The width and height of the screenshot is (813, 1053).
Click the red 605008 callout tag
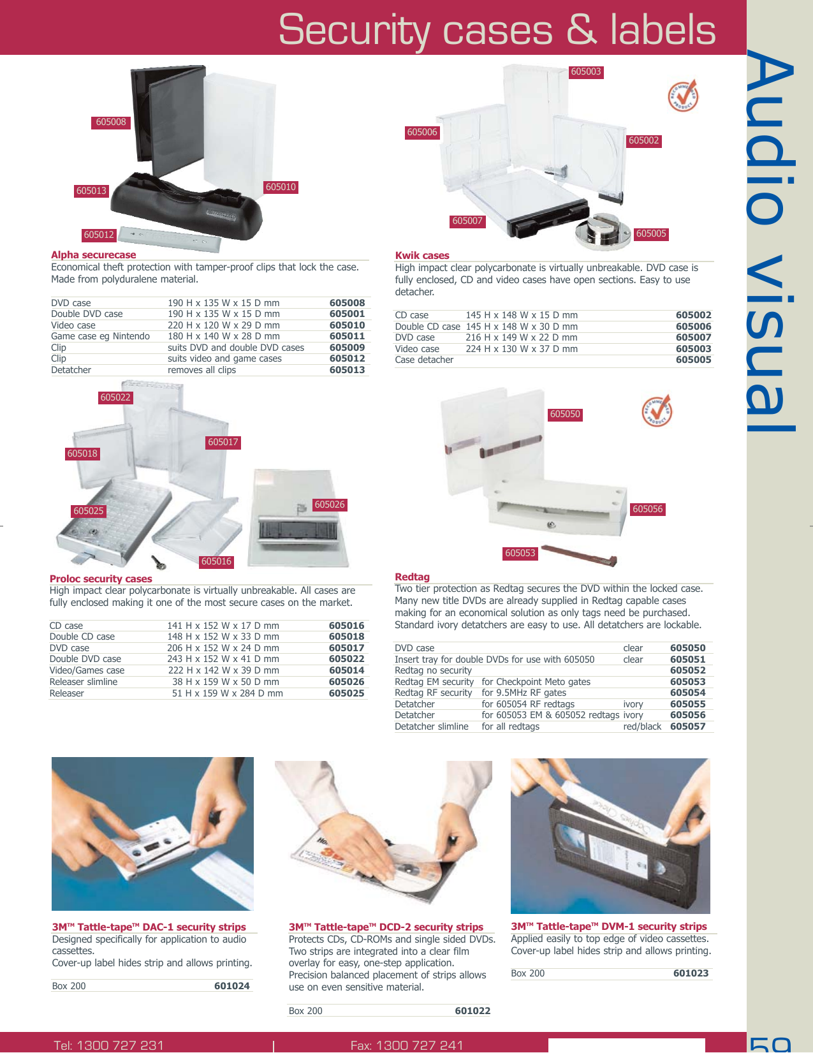click(x=111, y=122)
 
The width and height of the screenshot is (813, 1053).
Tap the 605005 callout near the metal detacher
click(x=650, y=234)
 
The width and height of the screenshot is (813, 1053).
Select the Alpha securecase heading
click(x=94, y=255)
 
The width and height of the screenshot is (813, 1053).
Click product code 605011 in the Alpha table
click(x=347, y=336)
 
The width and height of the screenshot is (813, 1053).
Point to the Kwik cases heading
click(x=422, y=256)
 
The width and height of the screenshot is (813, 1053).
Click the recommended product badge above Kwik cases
click(x=683, y=96)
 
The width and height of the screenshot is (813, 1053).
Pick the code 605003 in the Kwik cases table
click(x=693, y=349)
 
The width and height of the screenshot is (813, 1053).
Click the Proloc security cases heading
click(x=101, y=579)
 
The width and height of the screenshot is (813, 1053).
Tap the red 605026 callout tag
click(x=330, y=505)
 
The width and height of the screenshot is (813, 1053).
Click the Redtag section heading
click(x=412, y=577)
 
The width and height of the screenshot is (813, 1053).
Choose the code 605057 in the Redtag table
click(x=687, y=726)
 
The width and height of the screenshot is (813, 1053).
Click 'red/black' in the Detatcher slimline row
click(x=641, y=726)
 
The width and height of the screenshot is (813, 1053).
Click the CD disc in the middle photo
click(x=408, y=874)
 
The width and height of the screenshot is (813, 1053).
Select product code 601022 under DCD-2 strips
click(x=472, y=1011)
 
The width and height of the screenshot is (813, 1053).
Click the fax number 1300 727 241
click(x=419, y=1045)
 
